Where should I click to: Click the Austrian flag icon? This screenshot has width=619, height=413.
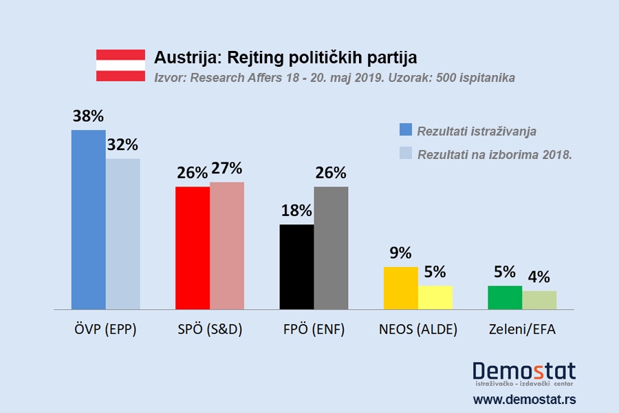click(x=120, y=66)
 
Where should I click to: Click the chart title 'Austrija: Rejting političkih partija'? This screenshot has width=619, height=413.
click(x=285, y=57)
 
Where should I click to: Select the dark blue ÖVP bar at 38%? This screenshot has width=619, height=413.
click(x=89, y=220)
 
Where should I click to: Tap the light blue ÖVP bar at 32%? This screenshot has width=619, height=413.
click(x=123, y=234)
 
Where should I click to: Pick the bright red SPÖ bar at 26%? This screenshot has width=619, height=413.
click(x=193, y=248)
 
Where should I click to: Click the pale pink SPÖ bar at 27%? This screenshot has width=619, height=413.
click(x=227, y=246)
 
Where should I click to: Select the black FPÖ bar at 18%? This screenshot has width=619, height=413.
click(x=296, y=267)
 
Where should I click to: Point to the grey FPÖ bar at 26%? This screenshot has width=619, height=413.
click(x=331, y=248)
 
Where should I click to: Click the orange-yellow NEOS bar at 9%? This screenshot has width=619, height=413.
click(x=400, y=288)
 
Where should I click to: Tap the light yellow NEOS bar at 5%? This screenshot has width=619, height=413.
click(x=435, y=297)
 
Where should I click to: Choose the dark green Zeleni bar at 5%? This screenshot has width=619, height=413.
click(x=505, y=297)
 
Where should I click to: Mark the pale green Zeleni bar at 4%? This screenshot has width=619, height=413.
click(x=539, y=300)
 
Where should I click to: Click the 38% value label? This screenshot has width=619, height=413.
click(x=88, y=116)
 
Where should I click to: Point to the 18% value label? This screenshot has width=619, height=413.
click(x=296, y=211)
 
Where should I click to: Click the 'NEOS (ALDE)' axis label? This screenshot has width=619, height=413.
click(x=417, y=329)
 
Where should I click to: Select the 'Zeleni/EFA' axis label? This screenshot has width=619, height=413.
click(x=522, y=329)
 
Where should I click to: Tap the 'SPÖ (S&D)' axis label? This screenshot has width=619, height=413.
click(x=209, y=329)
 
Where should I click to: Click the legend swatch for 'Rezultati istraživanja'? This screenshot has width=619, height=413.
click(x=405, y=130)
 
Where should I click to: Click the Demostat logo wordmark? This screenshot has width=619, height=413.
click(x=524, y=371)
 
